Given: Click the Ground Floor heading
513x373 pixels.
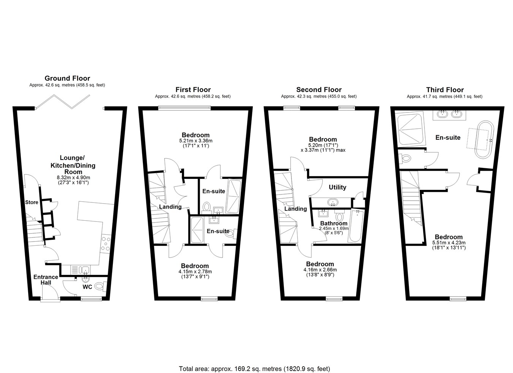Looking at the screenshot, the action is click(67, 78).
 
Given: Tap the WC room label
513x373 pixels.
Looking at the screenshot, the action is click(87, 287).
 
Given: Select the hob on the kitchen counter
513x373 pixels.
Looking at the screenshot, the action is click(106, 244).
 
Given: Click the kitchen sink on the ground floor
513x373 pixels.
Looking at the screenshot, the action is click(80, 270).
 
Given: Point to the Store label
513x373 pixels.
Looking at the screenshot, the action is click(32, 202).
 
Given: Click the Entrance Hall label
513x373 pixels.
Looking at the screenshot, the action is click(46, 280).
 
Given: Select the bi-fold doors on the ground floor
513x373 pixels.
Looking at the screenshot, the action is click(62, 102).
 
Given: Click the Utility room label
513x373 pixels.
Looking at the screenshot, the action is click(337, 187).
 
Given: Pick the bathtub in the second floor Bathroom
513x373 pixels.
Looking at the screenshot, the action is click(355, 226).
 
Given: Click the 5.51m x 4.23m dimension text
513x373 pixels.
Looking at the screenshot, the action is click(449, 243).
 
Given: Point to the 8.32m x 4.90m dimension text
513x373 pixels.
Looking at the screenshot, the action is click(73, 177).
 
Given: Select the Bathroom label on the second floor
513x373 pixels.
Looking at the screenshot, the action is click(334, 223).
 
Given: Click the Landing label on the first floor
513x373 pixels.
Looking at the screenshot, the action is click(170, 207).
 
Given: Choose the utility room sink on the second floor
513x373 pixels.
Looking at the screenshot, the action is click(333, 202).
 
